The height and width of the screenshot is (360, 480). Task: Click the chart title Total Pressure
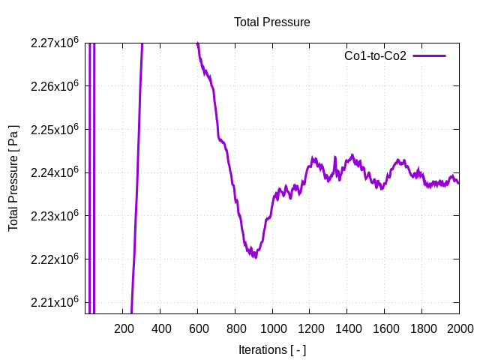pyautogui.click(x=271, y=22)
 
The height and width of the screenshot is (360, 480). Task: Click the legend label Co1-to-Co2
pyautogui.click(x=375, y=56)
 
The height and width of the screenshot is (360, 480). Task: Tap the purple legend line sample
pyautogui.click(x=429, y=56)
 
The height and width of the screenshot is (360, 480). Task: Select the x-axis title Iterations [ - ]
pyautogui.click(x=271, y=349)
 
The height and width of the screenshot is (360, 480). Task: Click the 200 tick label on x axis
pyautogui.click(x=123, y=328)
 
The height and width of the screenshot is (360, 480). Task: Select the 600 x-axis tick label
pyautogui.click(x=198, y=328)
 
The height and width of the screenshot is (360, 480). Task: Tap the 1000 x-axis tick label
pyautogui.click(x=272, y=328)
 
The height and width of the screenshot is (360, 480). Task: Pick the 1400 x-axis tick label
pyautogui.click(x=347, y=328)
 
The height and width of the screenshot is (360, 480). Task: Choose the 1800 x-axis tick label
pyautogui.click(x=421, y=328)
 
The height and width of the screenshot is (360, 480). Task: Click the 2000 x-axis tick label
pyautogui.click(x=459, y=328)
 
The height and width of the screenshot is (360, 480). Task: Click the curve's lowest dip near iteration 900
pyautogui.click(x=255, y=256)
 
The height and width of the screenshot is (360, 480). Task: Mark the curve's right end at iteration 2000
pyautogui.click(x=458, y=182)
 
